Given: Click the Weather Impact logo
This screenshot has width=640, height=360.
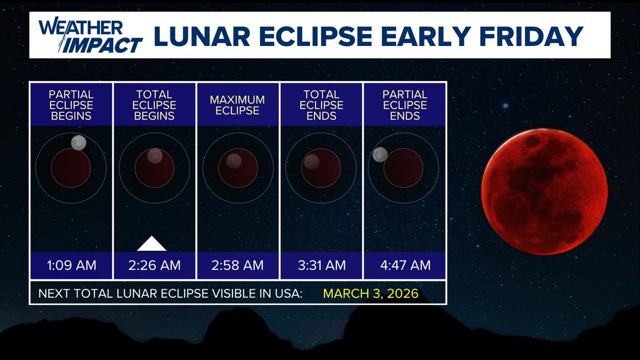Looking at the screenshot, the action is tap(90, 35).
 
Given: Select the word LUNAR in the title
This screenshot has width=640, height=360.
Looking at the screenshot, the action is tap(202, 36).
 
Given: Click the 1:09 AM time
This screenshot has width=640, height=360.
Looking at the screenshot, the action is tap(71, 265).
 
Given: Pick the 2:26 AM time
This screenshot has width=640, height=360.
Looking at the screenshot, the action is tap(154, 265).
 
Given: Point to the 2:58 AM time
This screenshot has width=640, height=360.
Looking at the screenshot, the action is tap(237, 265).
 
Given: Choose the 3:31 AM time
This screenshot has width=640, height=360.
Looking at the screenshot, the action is tap(322, 265).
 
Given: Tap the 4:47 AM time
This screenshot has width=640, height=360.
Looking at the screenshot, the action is tap(405, 265).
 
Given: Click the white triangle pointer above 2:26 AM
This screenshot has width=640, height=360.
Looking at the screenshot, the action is tap(152, 244).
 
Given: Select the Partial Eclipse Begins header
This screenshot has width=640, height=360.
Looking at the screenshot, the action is tap(71, 105).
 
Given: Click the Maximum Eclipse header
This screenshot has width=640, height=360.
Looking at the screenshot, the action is tap(237, 105).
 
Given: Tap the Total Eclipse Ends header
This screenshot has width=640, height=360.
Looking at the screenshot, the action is tap(321, 105).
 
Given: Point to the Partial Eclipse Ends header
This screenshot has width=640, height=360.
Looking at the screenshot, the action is tap(405, 105).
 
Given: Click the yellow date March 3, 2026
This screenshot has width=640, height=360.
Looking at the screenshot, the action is tap(371, 294).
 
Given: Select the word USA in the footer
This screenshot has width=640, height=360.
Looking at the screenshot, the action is tap(286, 294).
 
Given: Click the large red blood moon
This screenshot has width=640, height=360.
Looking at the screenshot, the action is tap(544, 192).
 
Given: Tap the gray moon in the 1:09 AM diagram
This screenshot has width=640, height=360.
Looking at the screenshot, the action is tap(79, 143).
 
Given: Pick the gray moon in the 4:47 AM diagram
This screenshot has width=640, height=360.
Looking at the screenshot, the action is tap(380, 154).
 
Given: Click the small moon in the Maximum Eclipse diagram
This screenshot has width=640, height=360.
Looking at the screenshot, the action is tap(234, 161).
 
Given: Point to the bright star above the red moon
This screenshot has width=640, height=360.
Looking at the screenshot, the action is tap(505, 106).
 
